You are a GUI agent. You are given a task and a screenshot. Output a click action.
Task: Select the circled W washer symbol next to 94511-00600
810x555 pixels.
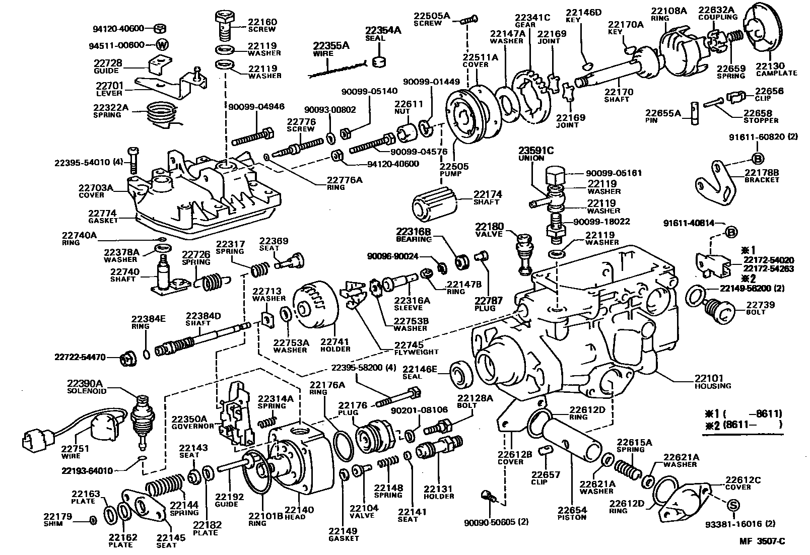(162, 44)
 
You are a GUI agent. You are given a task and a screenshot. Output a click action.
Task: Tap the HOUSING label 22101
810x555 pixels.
(709, 378)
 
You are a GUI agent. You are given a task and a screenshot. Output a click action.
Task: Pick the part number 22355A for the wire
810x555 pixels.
(331, 45)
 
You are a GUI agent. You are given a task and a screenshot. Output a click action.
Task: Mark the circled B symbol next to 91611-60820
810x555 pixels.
(758, 159)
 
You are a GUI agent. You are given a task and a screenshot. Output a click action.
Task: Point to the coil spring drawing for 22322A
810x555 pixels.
(162, 117)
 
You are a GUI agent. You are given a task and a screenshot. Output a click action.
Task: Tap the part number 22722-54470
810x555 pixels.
(80, 357)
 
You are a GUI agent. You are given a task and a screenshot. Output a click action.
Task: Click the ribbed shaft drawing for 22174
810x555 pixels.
(434, 202)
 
